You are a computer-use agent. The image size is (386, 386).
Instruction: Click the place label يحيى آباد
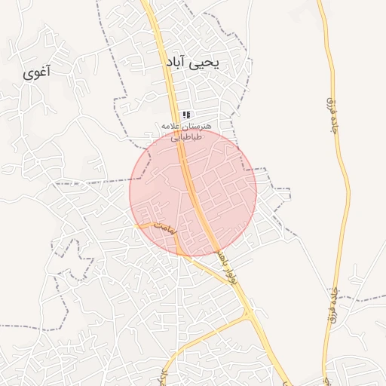click(x=193, y=66)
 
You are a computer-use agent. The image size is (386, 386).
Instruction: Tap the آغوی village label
click(x=37, y=73)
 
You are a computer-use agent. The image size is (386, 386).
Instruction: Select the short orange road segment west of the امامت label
click(x=143, y=225)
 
